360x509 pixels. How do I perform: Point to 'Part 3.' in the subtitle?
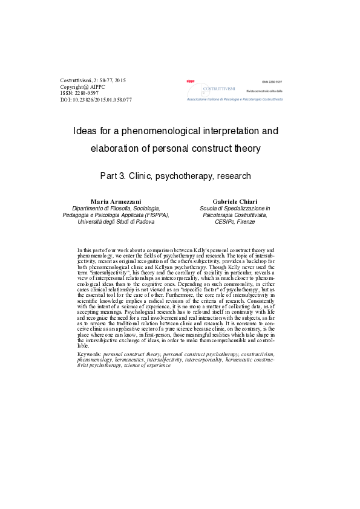[113, 177]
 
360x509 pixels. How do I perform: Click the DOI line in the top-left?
[96, 100]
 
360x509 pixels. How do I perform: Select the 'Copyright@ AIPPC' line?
[83, 87]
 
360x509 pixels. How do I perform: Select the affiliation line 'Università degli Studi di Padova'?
[116, 222]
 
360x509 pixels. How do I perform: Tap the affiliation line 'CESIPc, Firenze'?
[235, 222]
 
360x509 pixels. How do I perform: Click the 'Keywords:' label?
[90, 354]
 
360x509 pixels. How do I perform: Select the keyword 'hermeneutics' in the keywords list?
[131, 360]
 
